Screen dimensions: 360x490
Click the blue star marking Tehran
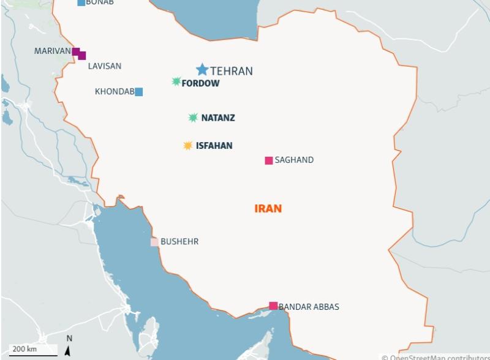(x=202, y=70)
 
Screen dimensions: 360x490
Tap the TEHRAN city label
(x=232, y=71)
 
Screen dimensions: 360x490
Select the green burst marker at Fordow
(x=176, y=81)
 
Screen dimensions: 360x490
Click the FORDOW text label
(x=201, y=83)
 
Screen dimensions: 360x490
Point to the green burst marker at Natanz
(x=193, y=118)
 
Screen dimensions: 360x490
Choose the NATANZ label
(x=218, y=118)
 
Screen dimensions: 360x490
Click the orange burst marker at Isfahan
(x=188, y=146)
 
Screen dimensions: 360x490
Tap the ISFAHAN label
(x=214, y=146)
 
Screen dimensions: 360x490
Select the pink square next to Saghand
(x=268, y=160)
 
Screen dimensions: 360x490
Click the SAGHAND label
(x=294, y=160)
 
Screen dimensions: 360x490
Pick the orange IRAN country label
(x=268, y=209)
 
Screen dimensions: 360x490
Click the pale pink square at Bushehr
(x=154, y=242)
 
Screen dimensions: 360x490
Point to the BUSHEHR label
(x=179, y=242)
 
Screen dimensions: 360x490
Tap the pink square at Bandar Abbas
(x=273, y=306)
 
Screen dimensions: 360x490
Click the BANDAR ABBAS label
(x=309, y=307)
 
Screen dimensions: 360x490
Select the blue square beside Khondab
(x=139, y=92)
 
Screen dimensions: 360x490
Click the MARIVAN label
(x=52, y=51)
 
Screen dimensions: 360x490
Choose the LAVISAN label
(x=104, y=66)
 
